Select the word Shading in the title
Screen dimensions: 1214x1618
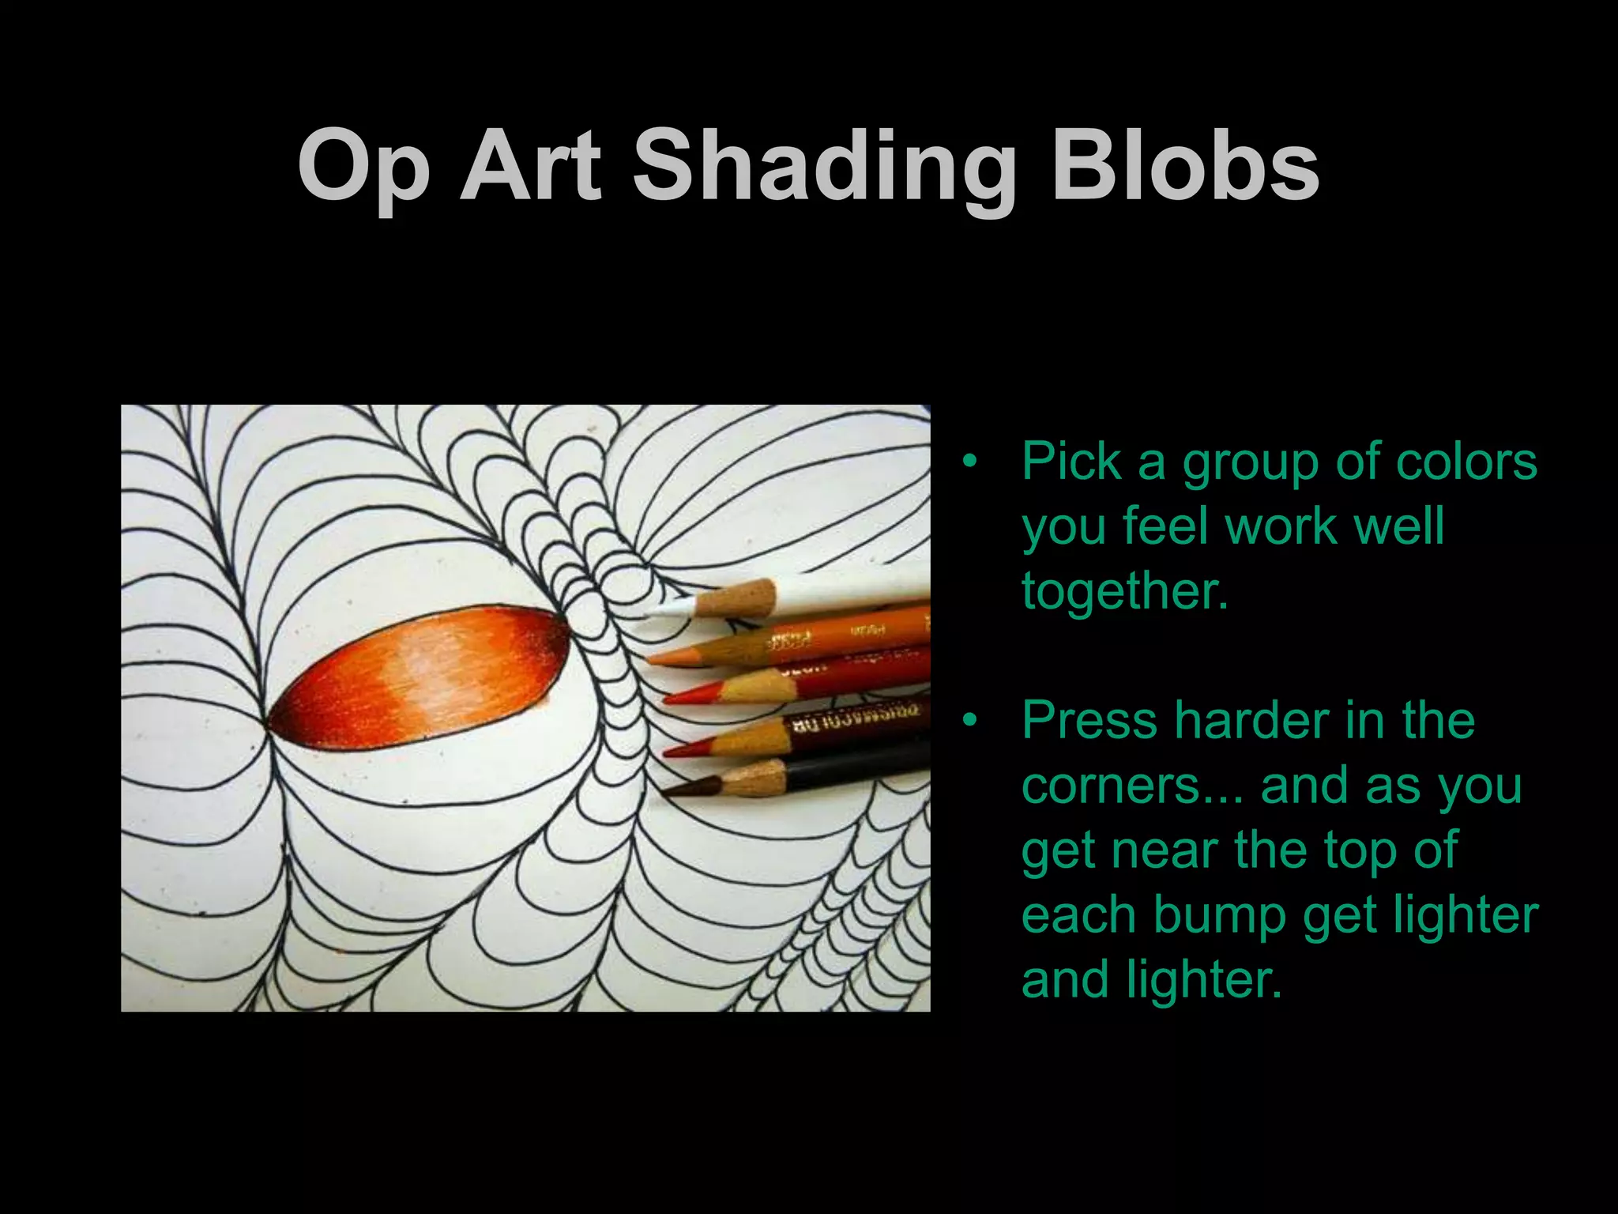point(824,168)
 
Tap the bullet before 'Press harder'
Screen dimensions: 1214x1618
point(970,720)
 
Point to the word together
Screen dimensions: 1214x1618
point(1125,590)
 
